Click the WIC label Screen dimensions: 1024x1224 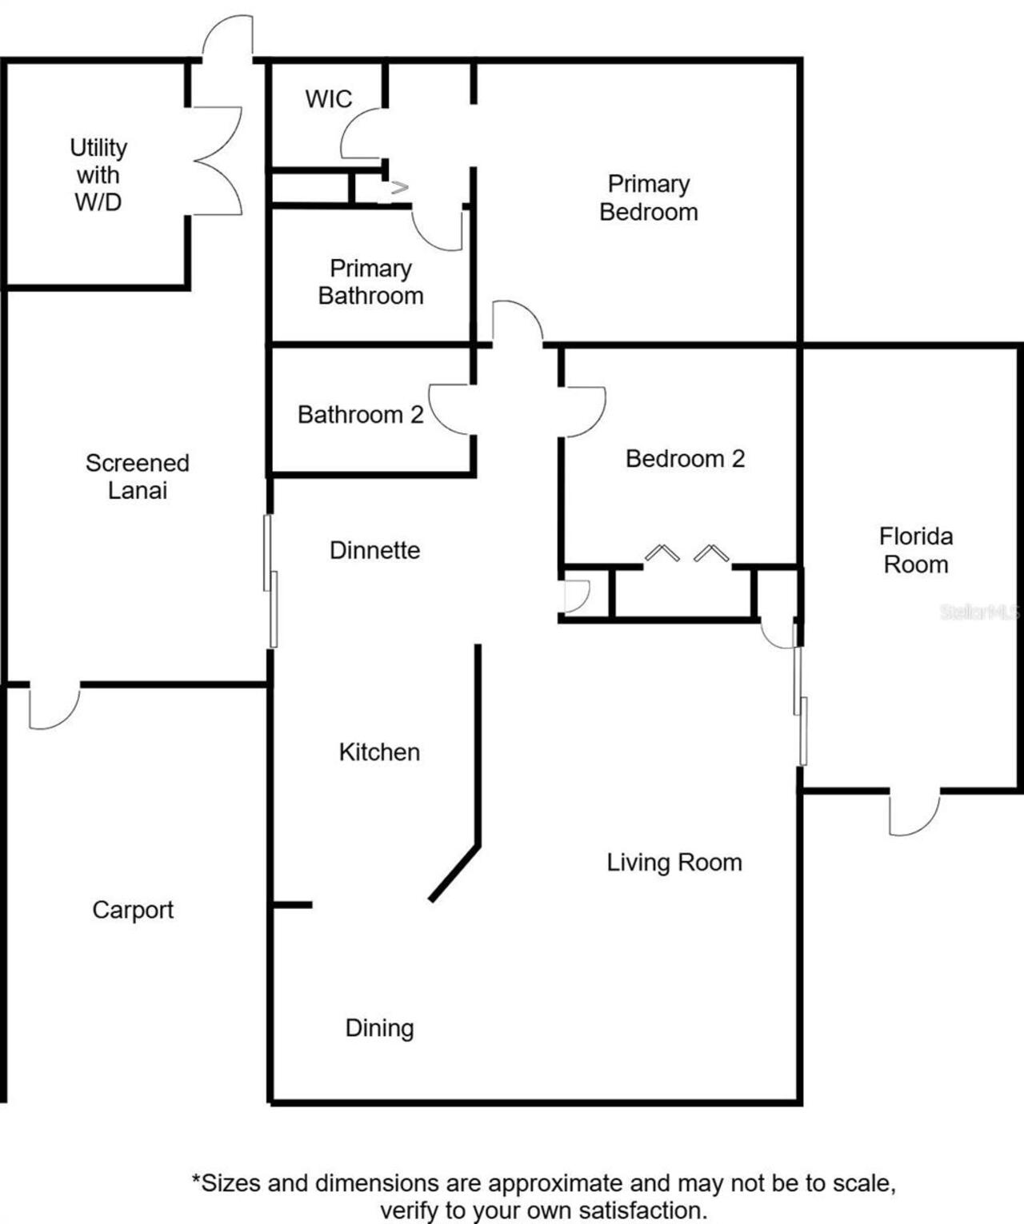328,99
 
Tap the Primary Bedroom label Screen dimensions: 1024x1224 649,198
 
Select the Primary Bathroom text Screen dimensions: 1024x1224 370,282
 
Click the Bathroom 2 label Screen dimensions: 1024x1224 360,415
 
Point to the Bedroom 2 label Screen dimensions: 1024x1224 685,459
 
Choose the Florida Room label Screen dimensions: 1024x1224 916,550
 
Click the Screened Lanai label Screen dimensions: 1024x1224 138,476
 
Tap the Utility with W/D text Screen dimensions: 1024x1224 98,174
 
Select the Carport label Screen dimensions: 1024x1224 133,910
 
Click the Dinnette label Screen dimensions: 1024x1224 374,550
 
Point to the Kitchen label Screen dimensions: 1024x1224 379,752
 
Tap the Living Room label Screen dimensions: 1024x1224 674,863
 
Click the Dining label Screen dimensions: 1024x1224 379,1028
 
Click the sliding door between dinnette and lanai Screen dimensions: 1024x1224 270,581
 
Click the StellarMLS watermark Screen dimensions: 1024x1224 980,612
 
